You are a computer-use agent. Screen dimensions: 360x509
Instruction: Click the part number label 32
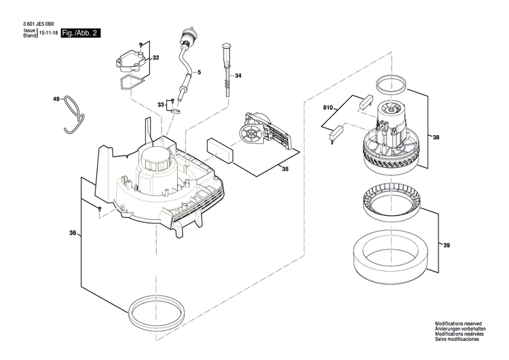tap(155, 58)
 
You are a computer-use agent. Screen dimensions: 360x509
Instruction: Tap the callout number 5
tap(199, 72)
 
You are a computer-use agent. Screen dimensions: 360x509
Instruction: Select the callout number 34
tap(238, 76)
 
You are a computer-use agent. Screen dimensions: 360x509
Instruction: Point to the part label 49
tap(56, 100)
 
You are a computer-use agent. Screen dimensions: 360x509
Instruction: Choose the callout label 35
tap(285, 170)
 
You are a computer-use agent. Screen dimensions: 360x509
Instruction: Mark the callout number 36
tap(72, 234)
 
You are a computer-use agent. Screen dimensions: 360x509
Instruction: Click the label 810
tap(328, 109)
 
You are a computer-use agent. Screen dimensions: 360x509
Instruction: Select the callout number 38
tap(436, 138)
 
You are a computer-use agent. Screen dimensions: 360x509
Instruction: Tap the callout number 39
tap(446, 245)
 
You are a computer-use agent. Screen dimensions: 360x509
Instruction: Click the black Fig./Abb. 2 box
tap(80, 33)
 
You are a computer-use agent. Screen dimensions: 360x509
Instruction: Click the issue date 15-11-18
tap(48, 33)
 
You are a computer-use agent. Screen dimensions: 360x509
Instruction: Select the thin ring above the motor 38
tap(389, 85)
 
